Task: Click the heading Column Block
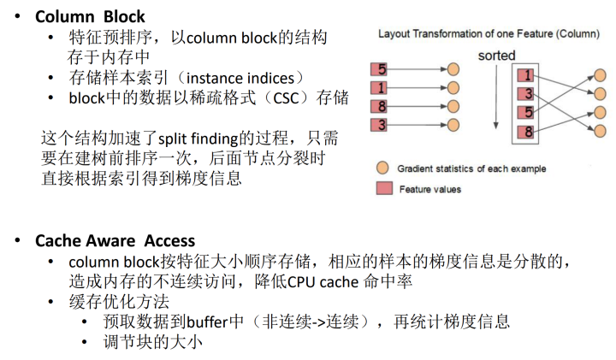[90, 16]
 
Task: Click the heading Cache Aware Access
[115, 241]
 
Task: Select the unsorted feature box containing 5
[382, 68]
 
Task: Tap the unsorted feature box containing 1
[382, 87]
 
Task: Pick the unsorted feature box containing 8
[382, 107]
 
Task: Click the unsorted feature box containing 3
[382, 126]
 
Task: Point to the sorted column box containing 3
[530, 94]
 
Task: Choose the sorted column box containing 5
[530, 113]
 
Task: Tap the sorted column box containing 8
[530, 132]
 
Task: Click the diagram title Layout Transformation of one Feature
[489, 34]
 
